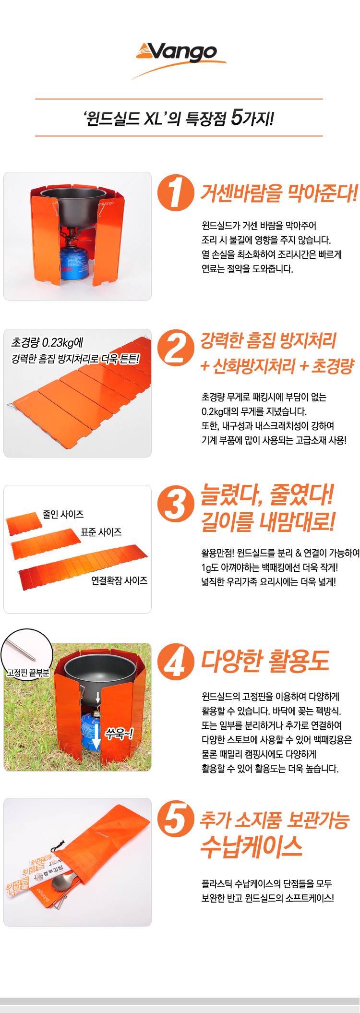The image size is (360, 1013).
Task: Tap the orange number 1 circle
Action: [176, 193]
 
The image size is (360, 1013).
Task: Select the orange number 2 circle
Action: [176, 348]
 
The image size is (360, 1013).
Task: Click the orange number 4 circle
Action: [176, 662]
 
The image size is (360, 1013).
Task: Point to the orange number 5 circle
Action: [176, 819]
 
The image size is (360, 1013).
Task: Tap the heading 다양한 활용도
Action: [265, 661]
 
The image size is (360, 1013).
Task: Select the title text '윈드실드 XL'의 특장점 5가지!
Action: [179, 118]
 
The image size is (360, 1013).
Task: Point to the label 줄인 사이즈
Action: [63, 514]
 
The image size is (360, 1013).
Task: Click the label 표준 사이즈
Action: [101, 532]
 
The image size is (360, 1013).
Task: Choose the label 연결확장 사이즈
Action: [120, 580]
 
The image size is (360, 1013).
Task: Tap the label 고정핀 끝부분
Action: [28, 673]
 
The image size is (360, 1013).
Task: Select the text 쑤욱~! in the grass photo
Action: [119, 733]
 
